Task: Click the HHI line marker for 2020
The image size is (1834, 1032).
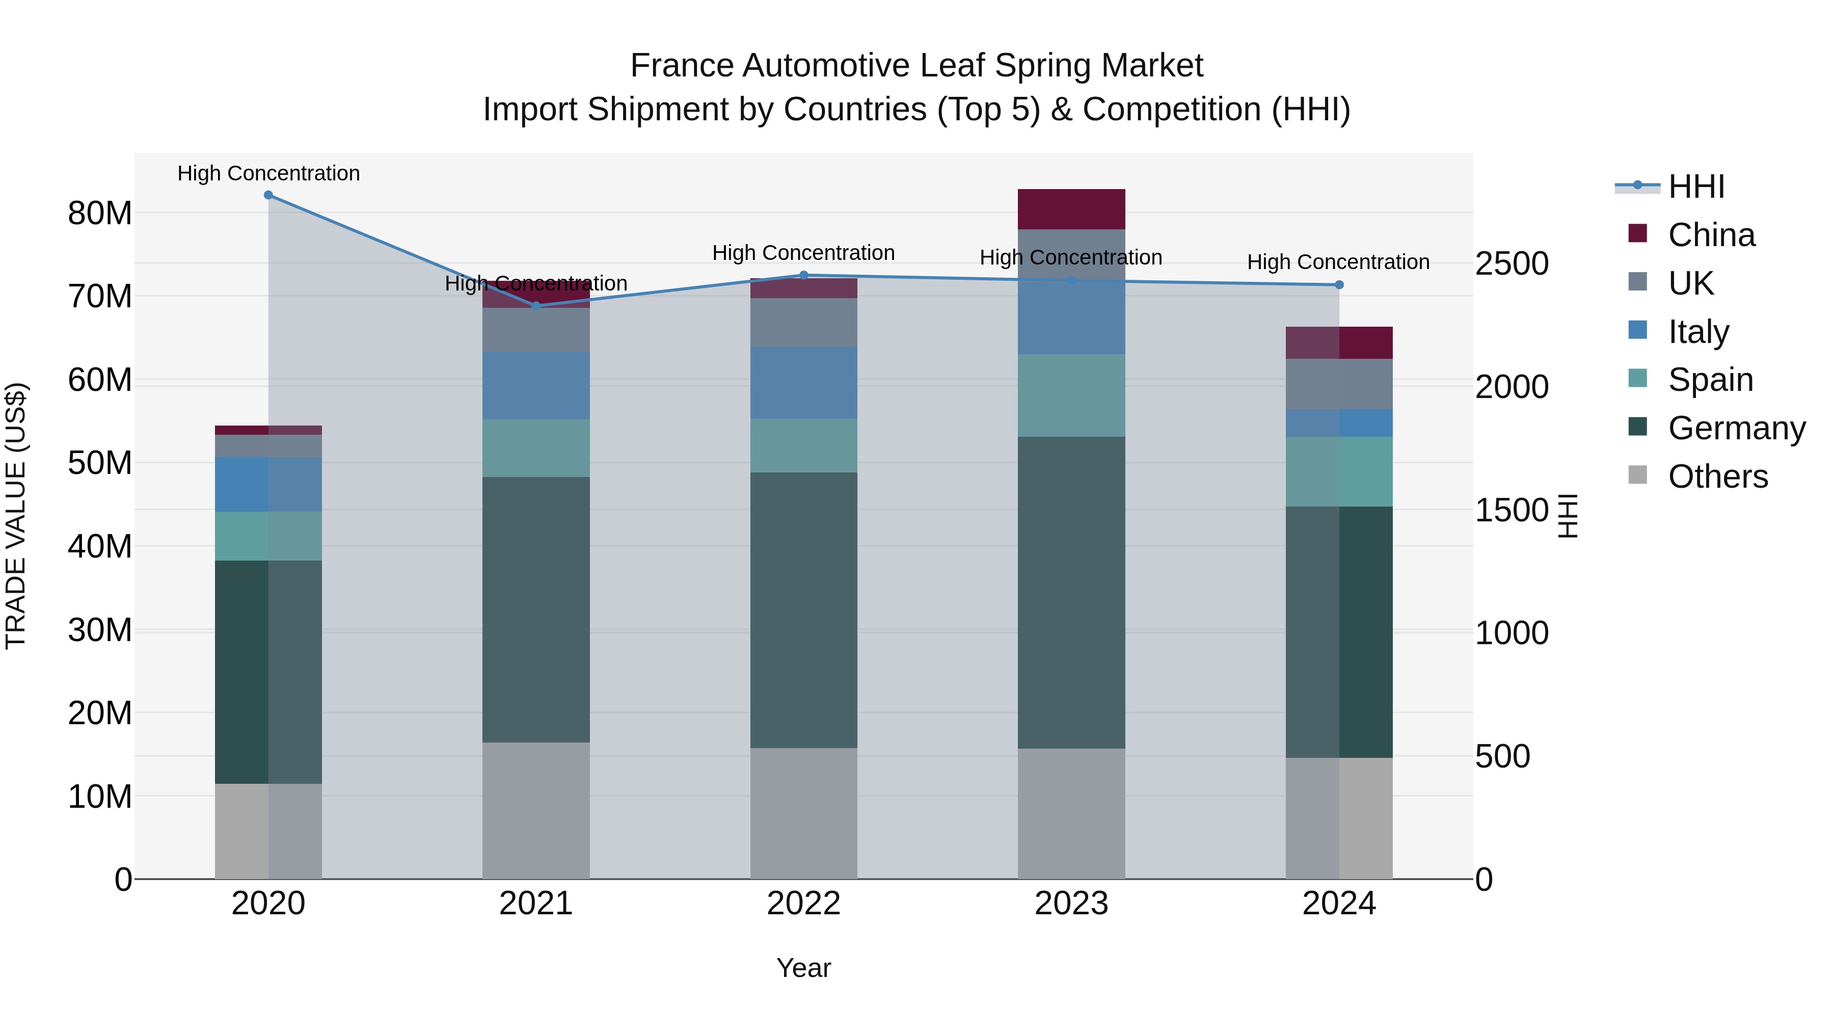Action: (x=268, y=195)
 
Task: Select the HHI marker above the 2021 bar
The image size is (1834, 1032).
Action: (x=536, y=306)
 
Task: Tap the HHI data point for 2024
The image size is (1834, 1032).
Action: (x=1339, y=285)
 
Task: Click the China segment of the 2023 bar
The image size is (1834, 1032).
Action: (x=1071, y=209)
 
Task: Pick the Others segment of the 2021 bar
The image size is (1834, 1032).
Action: (x=536, y=810)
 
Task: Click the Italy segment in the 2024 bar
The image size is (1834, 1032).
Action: (x=1339, y=423)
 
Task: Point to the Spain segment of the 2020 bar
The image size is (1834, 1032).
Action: (x=268, y=536)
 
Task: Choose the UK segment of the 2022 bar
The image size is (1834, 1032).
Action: (x=804, y=323)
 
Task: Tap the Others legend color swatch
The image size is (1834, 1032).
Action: (x=1637, y=474)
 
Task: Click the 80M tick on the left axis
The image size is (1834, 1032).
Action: (x=100, y=213)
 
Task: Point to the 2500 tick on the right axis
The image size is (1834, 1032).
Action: (x=1512, y=263)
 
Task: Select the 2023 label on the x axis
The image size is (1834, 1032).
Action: (x=1071, y=904)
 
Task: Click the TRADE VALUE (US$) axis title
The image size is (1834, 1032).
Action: (x=16, y=516)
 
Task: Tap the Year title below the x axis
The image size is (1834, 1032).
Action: (x=804, y=968)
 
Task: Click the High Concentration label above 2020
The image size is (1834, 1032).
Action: (x=268, y=173)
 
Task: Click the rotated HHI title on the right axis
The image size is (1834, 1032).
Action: (x=1568, y=516)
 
